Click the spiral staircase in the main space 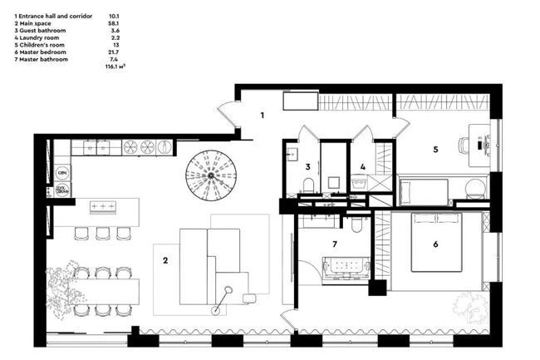[x=211, y=175]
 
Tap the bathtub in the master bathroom [x=346, y=267]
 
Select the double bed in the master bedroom [x=436, y=242]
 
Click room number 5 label [x=435, y=150]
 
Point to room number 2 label [x=165, y=260]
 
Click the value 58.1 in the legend [x=114, y=23]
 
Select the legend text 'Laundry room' [x=39, y=38]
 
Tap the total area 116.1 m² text [x=115, y=67]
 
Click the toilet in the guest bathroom [x=308, y=185]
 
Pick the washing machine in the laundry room [x=359, y=183]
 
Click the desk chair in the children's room [x=464, y=145]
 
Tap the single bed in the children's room [x=423, y=192]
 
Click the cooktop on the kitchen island [x=103, y=206]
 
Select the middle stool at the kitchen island [x=103, y=234]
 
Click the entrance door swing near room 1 [x=228, y=115]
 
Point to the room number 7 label [x=335, y=244]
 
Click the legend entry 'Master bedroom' [x=42, y=52]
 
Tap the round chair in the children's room [x=475, y=189]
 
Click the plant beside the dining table [x=64, y=288]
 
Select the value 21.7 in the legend [x=113, y=52]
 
